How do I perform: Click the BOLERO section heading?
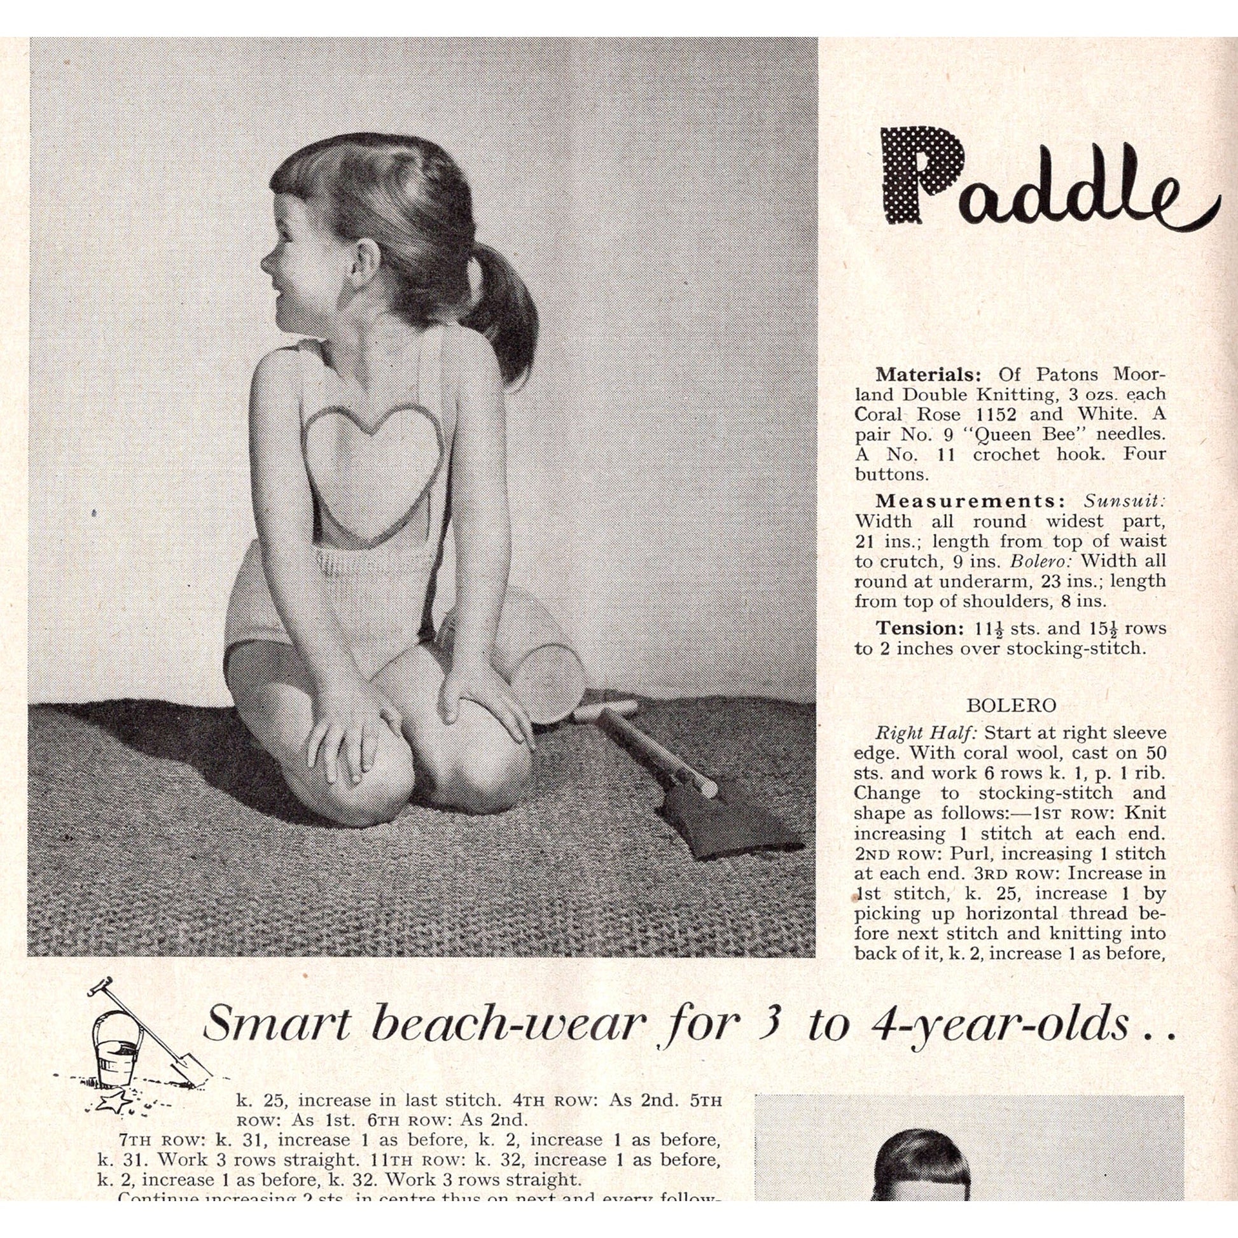pos(1010,706)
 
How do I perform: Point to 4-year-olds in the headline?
pos(1000,1024)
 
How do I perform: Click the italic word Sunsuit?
pos(1125,501)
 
